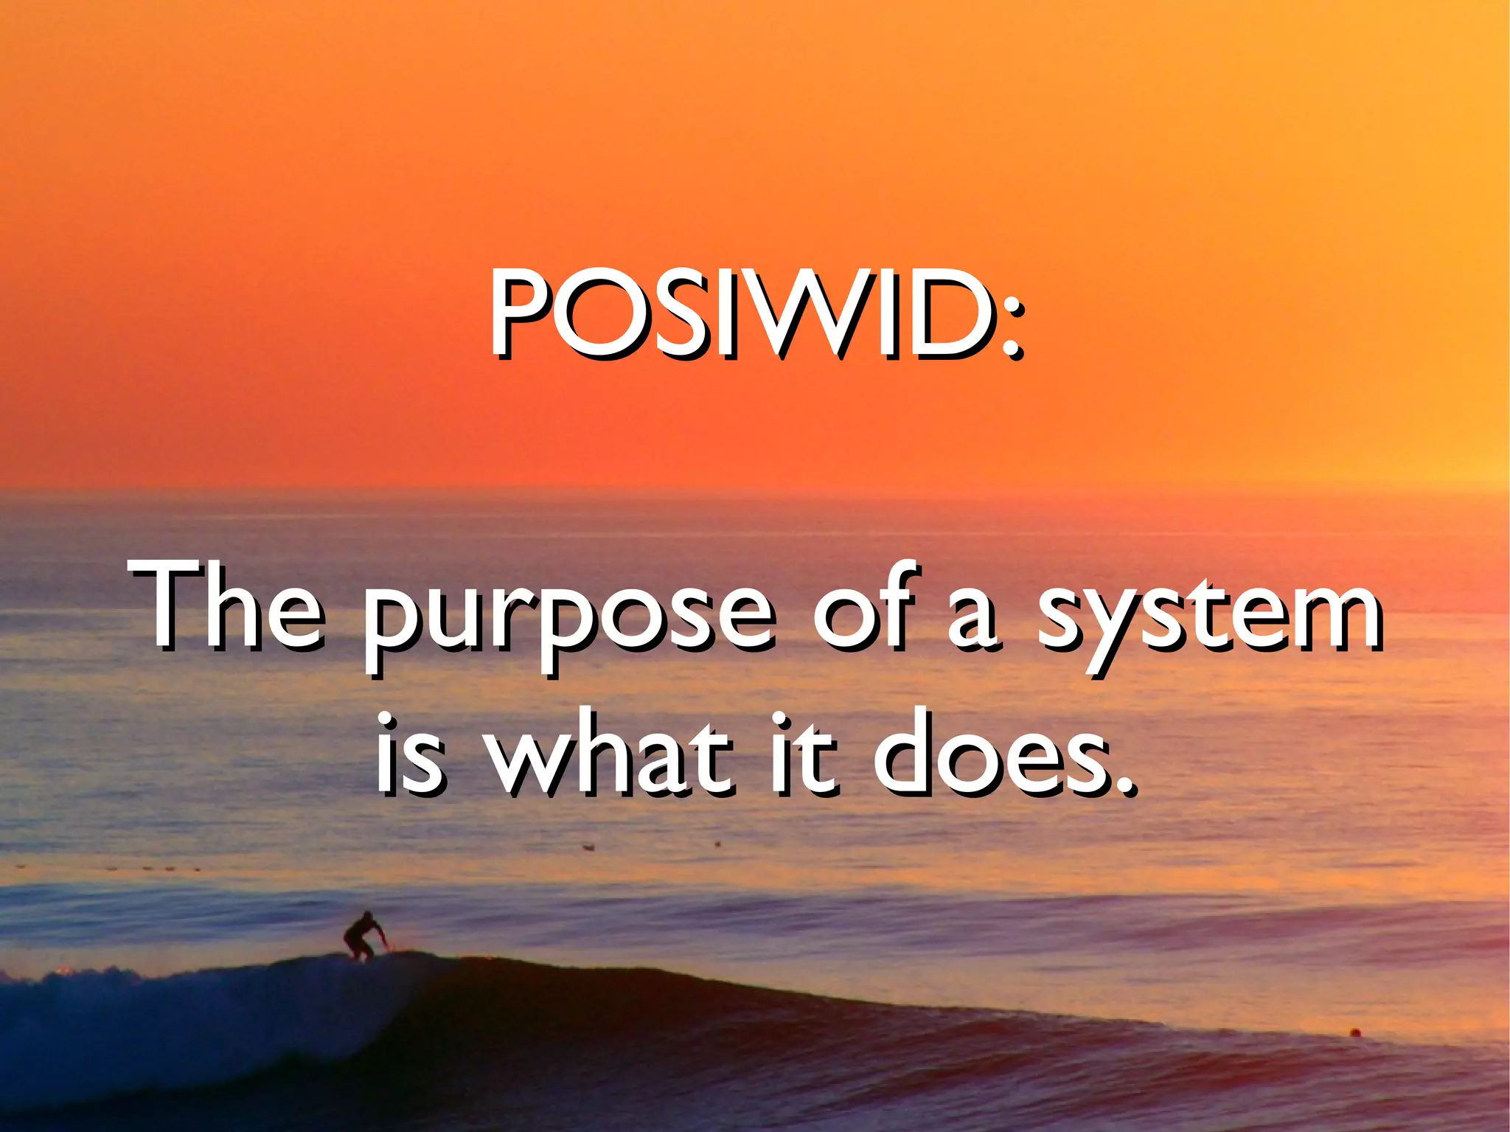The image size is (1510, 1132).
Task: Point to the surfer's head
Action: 366,917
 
